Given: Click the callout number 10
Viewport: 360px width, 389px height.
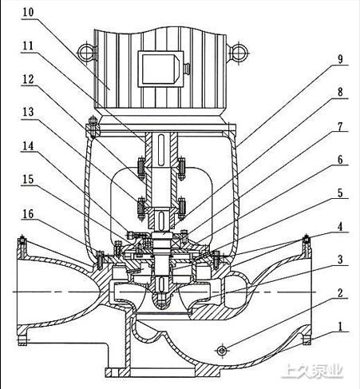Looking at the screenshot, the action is tap(28, 12).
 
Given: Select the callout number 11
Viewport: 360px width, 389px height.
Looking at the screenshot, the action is tap(28, 46).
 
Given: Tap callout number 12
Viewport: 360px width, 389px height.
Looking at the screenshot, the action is tap(28, 79).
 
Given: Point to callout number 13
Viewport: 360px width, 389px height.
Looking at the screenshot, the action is tap(28, 112).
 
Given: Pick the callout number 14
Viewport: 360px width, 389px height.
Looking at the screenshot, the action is tap(28, 145).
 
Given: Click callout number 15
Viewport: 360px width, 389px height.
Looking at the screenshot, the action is tap(28, 180).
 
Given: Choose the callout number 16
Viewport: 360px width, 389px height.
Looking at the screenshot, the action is tap(28, 214).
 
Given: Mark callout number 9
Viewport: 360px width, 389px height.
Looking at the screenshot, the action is tap(340, 59).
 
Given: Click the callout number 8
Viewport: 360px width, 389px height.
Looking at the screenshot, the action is tap(340, 92).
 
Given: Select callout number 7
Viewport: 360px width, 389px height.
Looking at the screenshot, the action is tap(340, 126).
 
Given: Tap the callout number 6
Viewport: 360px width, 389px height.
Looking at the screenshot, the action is tap(340, 160).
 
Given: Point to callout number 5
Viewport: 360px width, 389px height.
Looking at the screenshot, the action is tap(340, 193).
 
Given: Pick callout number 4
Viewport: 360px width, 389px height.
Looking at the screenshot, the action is tap(340, 227).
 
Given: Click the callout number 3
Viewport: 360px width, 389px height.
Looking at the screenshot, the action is tap(340, 260).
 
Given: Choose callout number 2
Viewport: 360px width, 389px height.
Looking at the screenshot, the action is tap(340, 293).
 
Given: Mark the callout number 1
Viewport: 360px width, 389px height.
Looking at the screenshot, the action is tap(340, 327).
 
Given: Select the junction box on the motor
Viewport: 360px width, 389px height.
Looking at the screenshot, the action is tap(160, 69).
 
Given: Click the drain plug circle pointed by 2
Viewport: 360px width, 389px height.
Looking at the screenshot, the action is tap(222, 351).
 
